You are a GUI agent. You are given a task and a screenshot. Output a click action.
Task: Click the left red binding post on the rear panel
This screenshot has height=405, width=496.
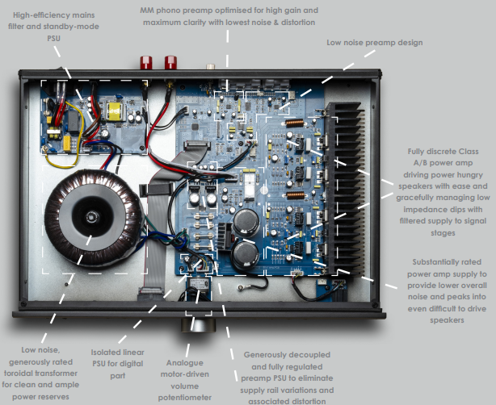point(149,62)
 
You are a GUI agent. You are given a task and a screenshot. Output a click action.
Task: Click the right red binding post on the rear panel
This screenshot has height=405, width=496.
point(171,62)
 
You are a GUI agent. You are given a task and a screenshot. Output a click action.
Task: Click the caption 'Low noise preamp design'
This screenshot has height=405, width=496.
point(374,42)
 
